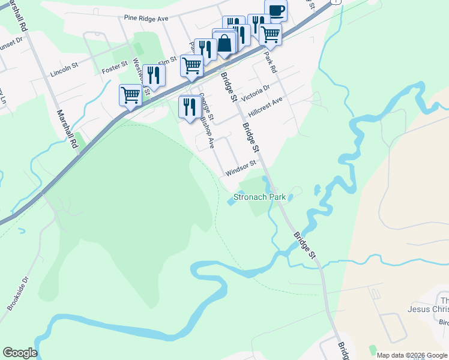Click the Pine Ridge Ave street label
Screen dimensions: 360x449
[x=146, y=19]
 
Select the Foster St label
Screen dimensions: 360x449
[x=115, y=65]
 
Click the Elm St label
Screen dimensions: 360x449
[x=166, y=61]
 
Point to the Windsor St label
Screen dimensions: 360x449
[x=241, y=167]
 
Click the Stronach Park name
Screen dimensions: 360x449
[x=259, y=196]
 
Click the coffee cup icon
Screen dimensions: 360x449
[x=276, y=11]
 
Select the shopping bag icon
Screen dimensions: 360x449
[x=225, y=43]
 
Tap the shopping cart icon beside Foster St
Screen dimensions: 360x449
[x=130, y=95]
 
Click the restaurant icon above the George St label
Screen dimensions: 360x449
[x=190, y=106]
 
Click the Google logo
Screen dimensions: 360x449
[x=20, y=353]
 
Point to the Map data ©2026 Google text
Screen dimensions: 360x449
[x=412, y=355]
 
